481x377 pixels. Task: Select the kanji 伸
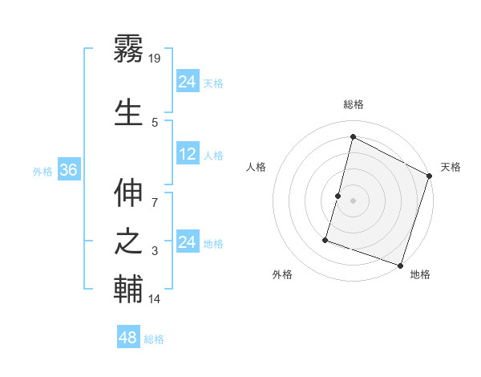128,193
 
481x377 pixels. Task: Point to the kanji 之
128,241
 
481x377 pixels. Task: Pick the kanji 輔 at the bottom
128,290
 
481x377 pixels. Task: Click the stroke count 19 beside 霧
156,58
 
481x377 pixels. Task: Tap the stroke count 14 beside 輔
155,299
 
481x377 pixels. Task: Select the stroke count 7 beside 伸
155,193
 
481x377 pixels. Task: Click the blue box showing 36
68,170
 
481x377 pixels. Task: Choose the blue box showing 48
128,338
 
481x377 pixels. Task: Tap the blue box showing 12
188,154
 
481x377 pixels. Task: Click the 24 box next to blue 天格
188,82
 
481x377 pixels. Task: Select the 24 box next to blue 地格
188,242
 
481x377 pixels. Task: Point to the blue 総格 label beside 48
154,339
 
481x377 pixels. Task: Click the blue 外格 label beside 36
42,171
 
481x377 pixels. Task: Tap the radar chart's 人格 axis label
256,167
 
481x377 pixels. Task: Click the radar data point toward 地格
399,265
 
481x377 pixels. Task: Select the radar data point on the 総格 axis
352,137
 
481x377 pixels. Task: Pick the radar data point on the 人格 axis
338,196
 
